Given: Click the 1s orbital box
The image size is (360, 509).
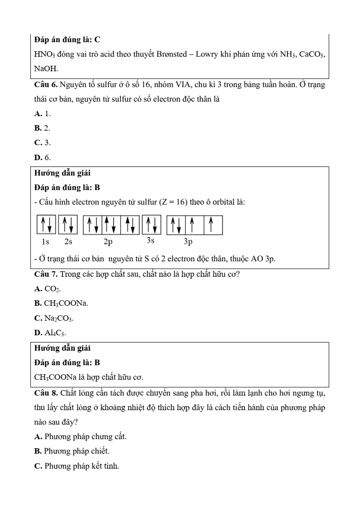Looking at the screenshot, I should [x=46, y=225].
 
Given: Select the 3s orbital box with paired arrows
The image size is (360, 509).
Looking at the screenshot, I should [x=151, y=225].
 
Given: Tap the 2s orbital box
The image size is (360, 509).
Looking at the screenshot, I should [x=68, y=225].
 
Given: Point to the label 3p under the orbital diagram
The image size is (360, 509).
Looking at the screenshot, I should [x=188, y=242].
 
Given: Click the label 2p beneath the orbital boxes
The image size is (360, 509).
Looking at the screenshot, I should [x=108, y=242].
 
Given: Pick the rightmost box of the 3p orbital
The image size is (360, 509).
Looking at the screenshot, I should [x=213, y=225].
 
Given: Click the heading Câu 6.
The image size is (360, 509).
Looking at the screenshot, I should [x=46, y=85].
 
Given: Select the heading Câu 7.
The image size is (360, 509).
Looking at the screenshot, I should [x=46, y=274].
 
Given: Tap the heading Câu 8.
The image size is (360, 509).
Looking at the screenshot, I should [x=46, y=392].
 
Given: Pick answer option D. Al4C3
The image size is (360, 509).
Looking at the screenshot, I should [x=50, y=333].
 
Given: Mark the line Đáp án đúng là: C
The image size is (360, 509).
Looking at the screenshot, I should [x=67, y=39].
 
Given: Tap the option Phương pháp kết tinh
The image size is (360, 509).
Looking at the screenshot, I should [x=77, y=465].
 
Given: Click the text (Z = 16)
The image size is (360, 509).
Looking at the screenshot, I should [x=173, y=201].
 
